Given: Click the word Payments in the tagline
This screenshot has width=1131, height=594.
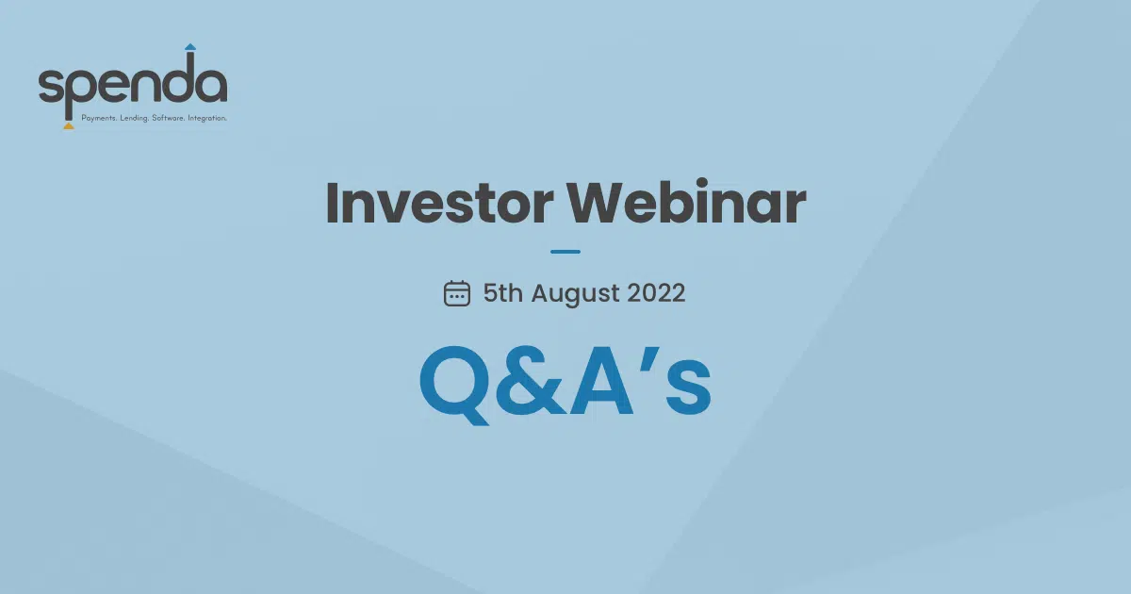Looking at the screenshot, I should (x=98, y=119).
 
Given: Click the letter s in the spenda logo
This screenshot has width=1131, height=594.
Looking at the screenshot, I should (x=49, y=86).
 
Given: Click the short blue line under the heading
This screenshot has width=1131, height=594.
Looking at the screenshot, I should (x=565, y=252).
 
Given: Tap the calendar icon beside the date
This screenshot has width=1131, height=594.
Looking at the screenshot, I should (x=457, y=293).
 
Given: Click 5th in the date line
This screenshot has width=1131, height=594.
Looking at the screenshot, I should (x=503, y=293).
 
